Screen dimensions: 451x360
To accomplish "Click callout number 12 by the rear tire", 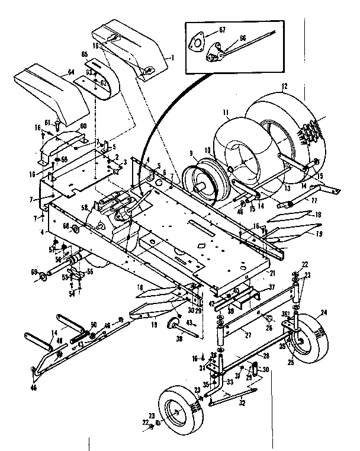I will tap(284, 87).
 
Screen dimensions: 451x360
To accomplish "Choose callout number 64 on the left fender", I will tap(71, 72).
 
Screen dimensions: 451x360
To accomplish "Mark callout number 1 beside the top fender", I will tap(172, 57).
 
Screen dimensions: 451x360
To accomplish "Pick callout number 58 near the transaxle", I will tap(85, 207).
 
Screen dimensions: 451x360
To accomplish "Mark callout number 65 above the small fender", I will tap(84, 54).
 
